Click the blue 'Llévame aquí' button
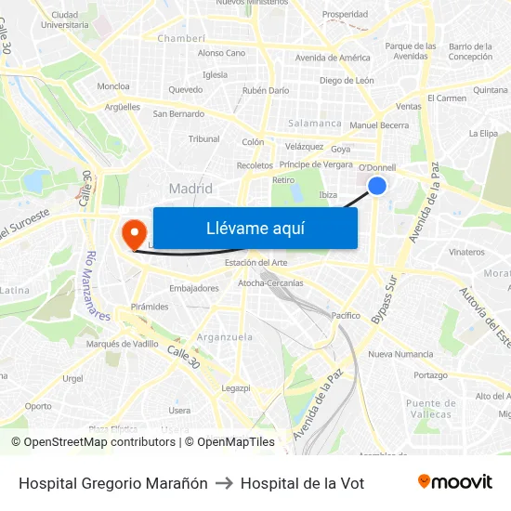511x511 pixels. [255, 228]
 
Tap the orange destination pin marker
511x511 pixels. [133, 232]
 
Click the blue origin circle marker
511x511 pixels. [377, 186]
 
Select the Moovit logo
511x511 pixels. [455, 482]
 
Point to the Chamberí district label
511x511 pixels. [181, 38]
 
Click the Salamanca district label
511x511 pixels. [315, 123]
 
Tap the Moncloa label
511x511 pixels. [113, 86]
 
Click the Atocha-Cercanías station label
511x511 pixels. [270, 282]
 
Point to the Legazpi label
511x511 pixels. [236, 387]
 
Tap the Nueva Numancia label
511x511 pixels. [400, 354]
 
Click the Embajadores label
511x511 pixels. [194, 288]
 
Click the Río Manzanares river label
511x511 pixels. [97, 285]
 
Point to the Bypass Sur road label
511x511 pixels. [384, 300]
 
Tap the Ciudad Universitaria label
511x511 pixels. [65, 20]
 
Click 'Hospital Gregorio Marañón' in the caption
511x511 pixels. [112, 483]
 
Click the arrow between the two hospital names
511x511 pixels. [224, 483]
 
